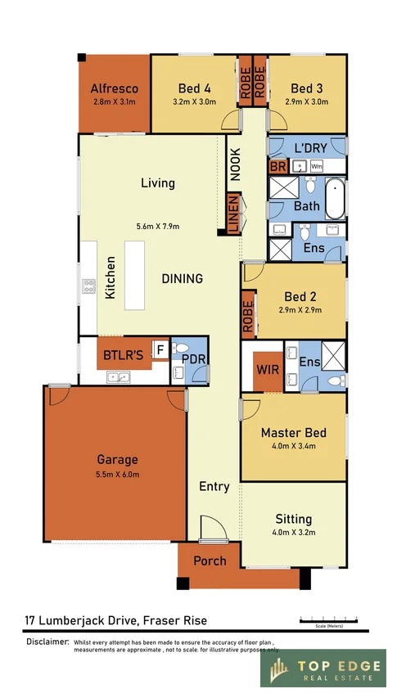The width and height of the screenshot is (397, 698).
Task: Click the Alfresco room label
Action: (x=114, y=88)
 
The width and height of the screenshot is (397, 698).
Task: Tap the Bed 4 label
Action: (x=195, y=88)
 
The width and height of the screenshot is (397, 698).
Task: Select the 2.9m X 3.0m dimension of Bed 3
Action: (x=307, y=102)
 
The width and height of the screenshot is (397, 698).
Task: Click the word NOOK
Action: (x=236, y=163)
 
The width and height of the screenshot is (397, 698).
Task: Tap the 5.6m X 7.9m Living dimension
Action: (x=158, y=226)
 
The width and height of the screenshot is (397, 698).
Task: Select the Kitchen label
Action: (x=110, y=278)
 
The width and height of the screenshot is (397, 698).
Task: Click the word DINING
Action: (x=182, y=279)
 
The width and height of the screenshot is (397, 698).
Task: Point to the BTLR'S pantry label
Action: (x=123, y=355)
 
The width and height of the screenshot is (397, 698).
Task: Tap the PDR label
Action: (x=192, y=358)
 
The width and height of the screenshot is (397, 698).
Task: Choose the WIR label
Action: (x=268, y=370)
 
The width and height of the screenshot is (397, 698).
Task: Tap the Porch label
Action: (x=210, y=561)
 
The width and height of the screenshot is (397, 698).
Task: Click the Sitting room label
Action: (x=293, y=519)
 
